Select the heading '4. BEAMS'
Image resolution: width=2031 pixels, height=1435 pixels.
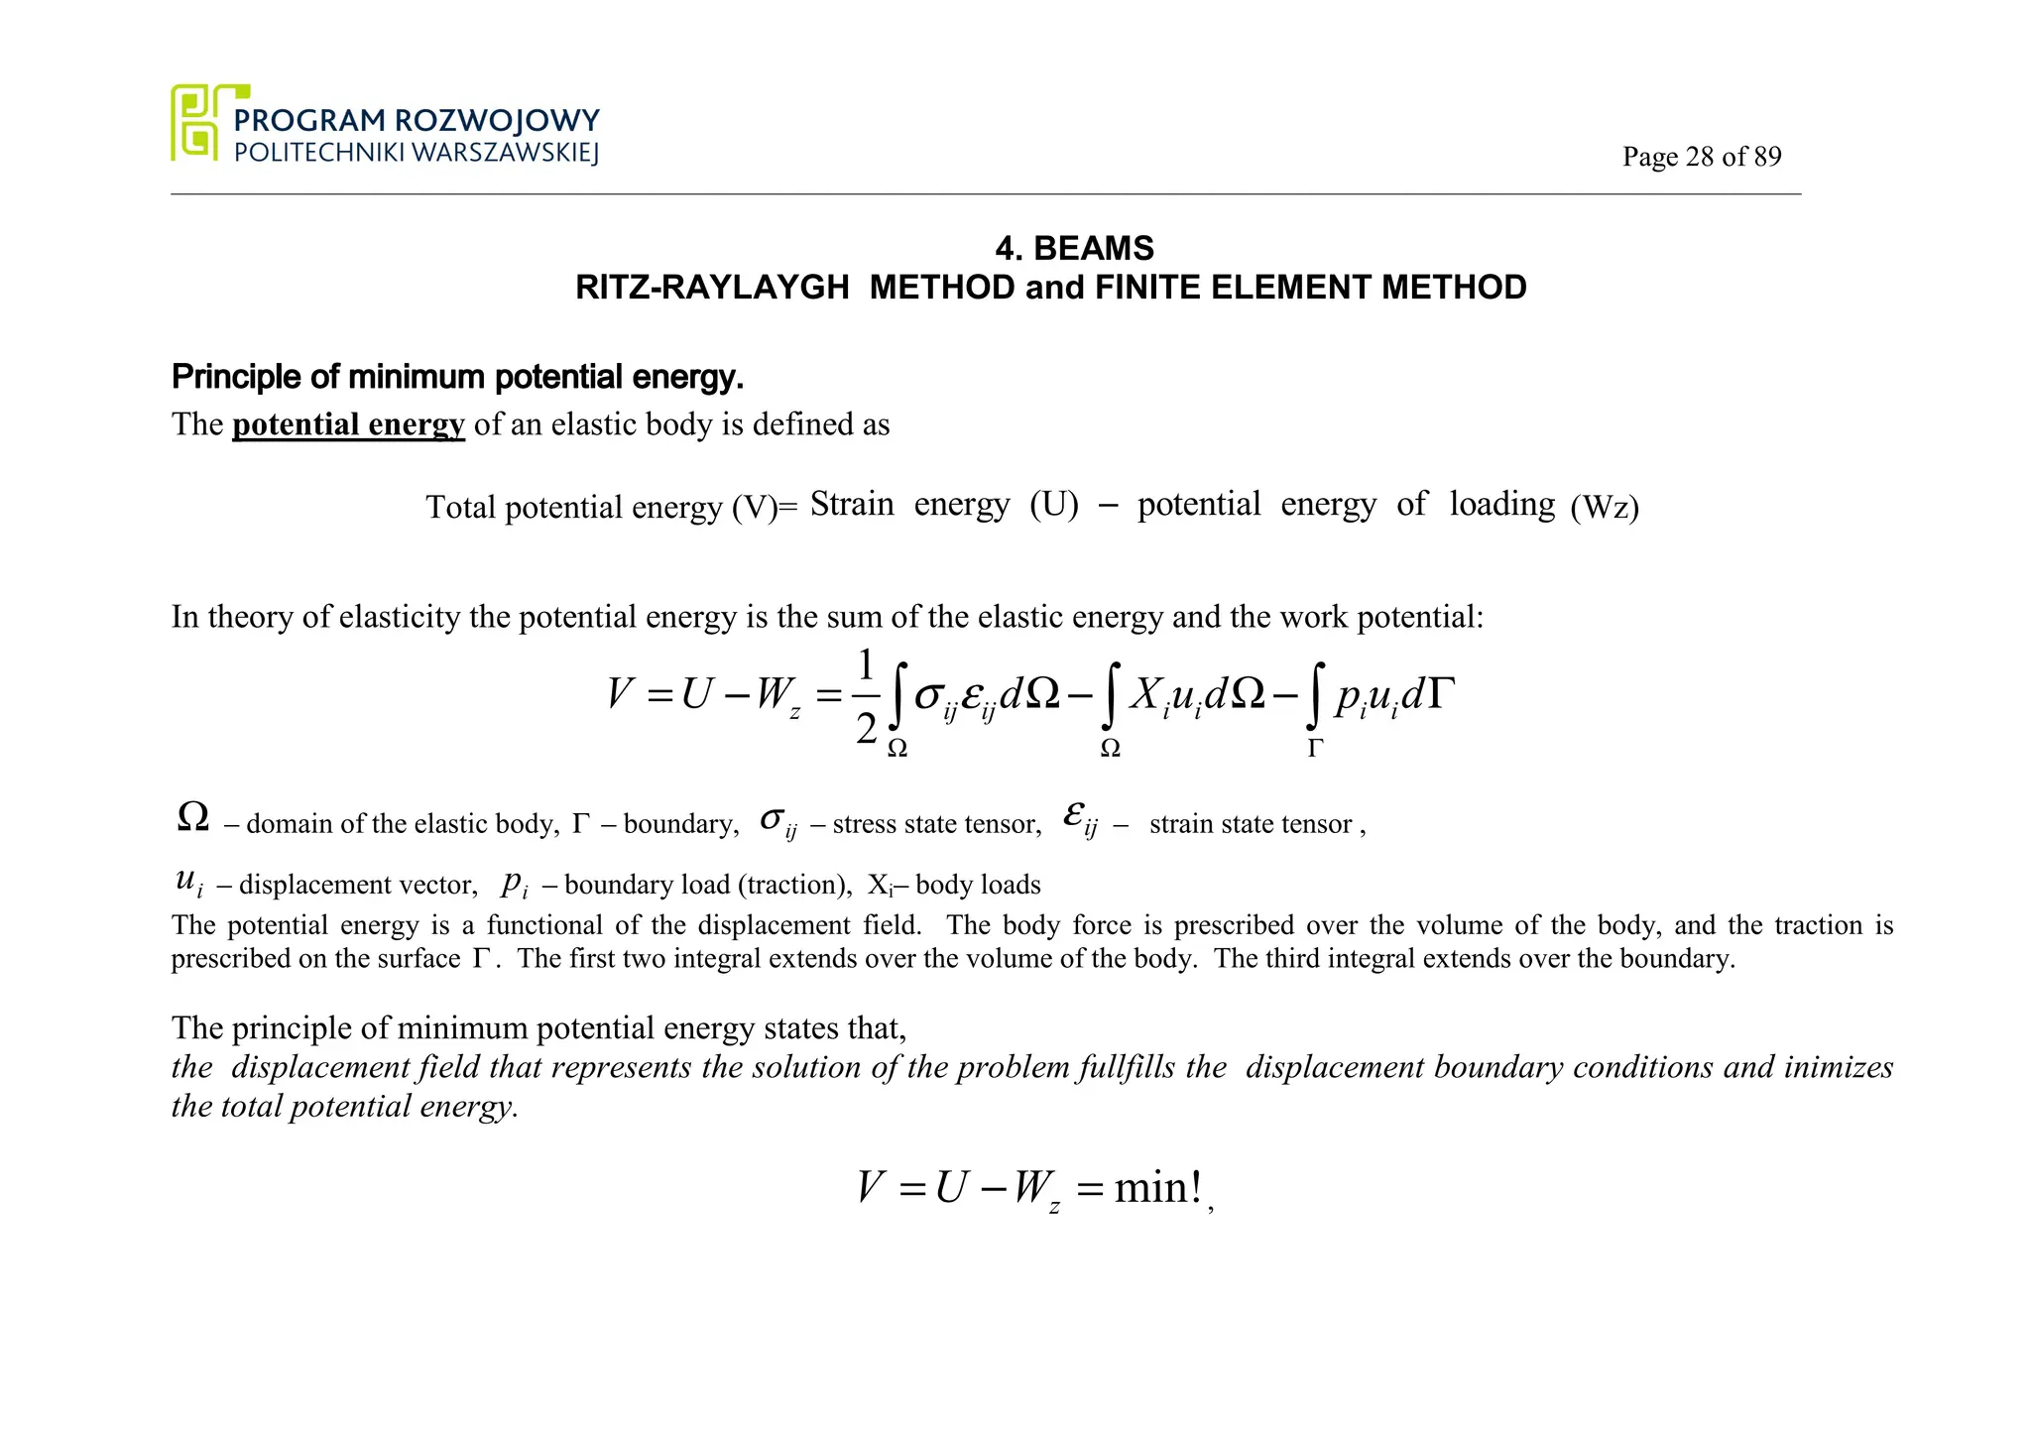(x=1075, y=248)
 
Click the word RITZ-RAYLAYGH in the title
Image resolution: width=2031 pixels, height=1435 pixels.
(x=712, y=288)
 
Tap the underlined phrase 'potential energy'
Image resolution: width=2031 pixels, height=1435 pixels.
(x=348, y=424)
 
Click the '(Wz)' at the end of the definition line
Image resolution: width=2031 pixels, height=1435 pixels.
(x=1605, y=507)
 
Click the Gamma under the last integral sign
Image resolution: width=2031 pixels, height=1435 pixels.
(x=1315, y=748)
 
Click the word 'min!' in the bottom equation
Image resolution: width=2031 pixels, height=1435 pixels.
(x=1157, y=1187)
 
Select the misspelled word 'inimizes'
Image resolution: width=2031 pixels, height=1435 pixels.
(x=1838, y=1067)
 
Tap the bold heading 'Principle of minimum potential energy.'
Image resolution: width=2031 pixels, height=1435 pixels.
(x=457, y=377)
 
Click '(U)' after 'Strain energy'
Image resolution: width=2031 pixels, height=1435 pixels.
(x=1053, y=504)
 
